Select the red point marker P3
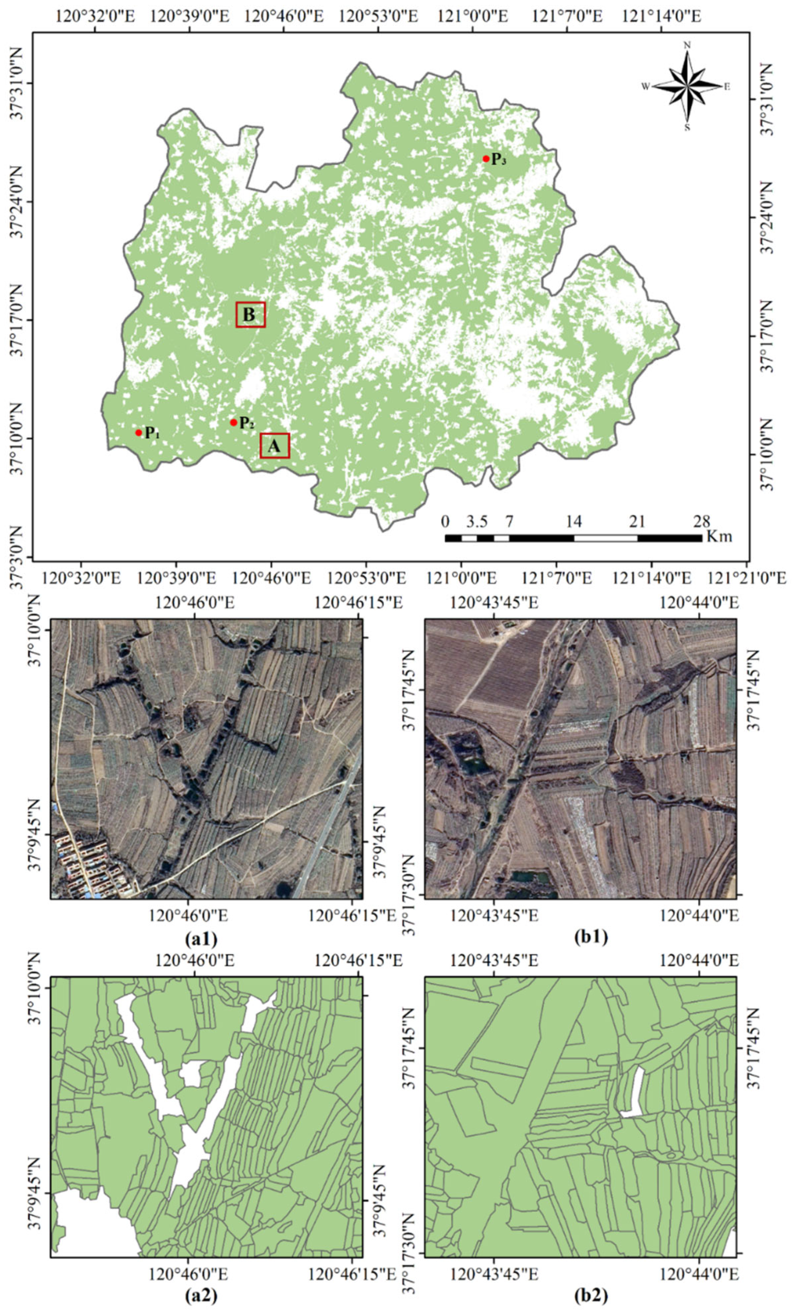[486, 158]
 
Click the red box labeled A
[274, 446]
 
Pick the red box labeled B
[250, 315]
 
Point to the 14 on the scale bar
[573, 521]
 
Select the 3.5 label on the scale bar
[477, 521]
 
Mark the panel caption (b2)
[591, 1298]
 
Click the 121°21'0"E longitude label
[746, 577]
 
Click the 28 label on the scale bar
[701, 521]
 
